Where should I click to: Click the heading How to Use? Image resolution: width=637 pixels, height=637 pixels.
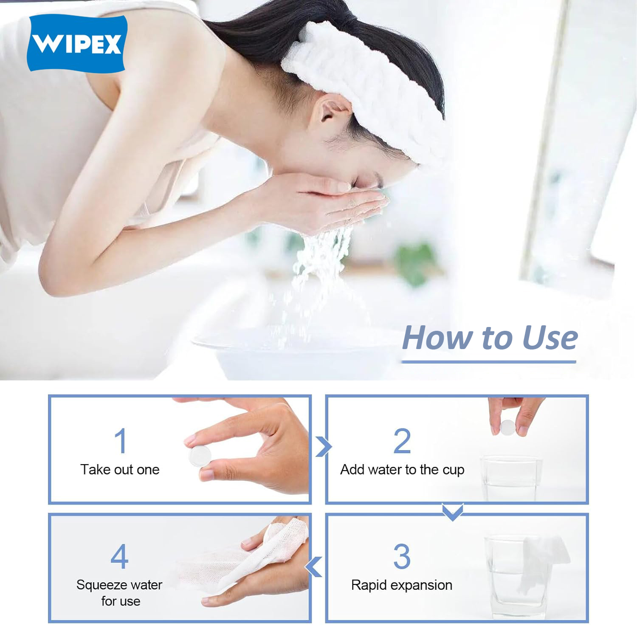tap(489, 338)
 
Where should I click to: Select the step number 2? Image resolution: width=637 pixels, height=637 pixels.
tap(402, 441)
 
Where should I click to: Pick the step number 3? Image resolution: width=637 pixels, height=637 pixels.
tap(402, 556)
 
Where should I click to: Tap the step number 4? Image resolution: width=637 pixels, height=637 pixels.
tap(119, 556)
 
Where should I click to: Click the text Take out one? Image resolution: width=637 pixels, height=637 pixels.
tap(120, 470)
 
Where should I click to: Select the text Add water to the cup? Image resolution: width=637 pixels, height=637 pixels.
tap(402, 470)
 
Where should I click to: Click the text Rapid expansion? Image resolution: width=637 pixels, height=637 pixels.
tap(401, 585)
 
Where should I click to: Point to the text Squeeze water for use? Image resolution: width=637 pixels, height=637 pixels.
tap(119, 593)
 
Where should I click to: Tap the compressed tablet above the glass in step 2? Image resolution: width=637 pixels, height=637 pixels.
tap(507, 427)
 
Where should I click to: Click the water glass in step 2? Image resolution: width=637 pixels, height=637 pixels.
tap(510, 478)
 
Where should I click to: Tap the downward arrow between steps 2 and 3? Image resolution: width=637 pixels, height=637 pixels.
tap(452, 512)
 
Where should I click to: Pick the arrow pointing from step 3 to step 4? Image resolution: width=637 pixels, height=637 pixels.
tap(314, 567)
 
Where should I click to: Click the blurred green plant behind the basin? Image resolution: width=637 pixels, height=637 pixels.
tap(414, 261)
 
